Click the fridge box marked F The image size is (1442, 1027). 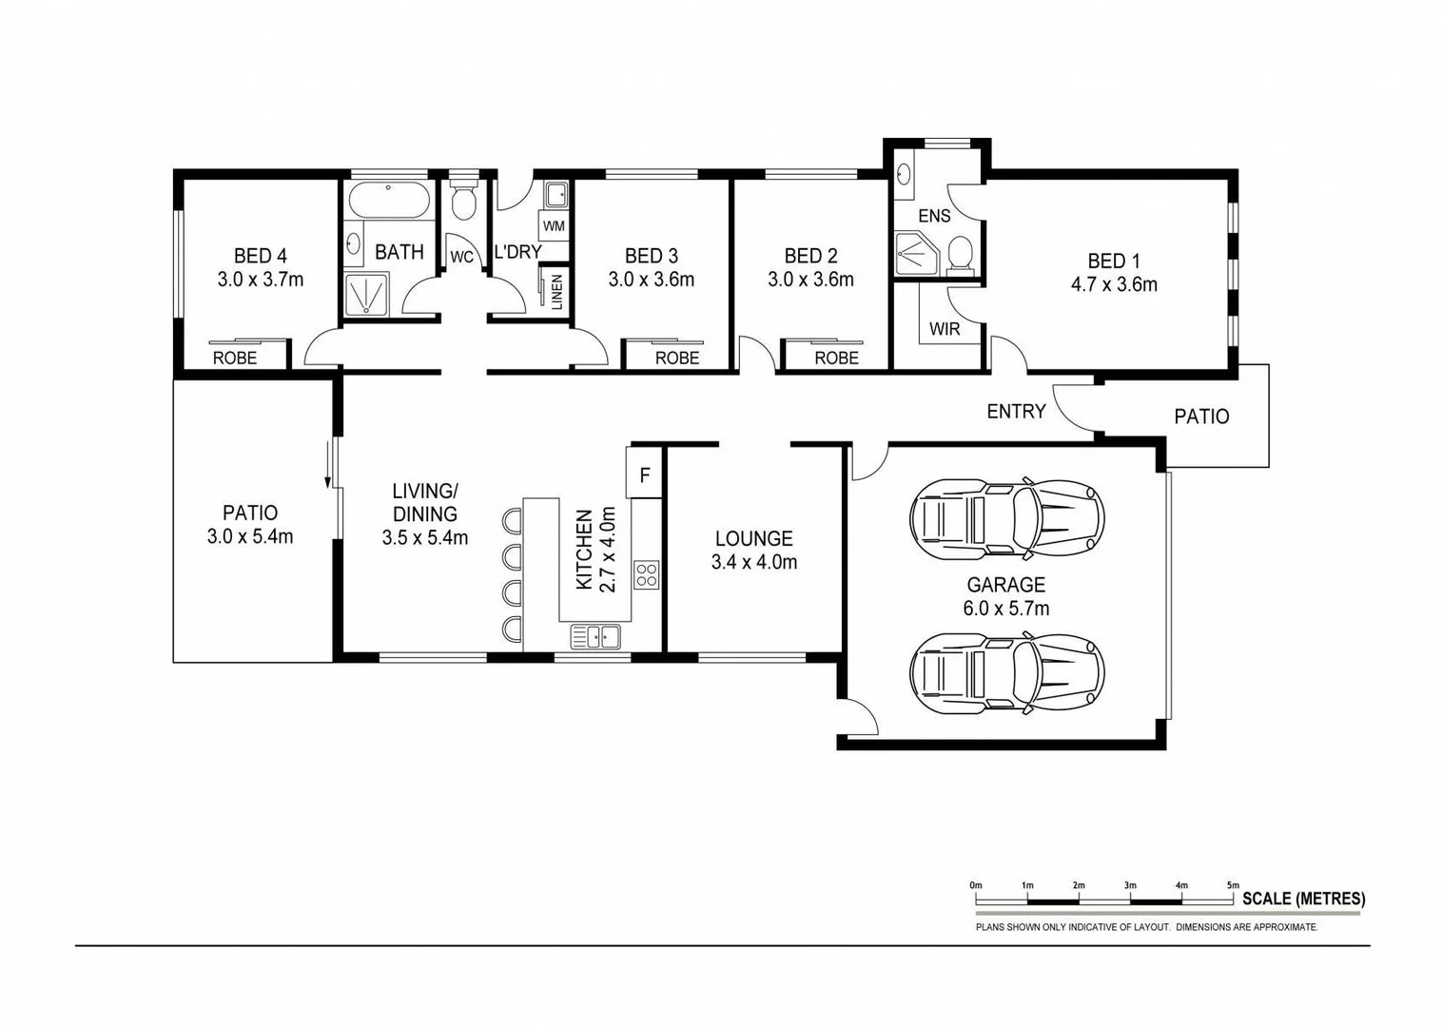644,474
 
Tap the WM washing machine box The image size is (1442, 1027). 554,226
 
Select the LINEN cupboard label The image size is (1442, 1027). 556,290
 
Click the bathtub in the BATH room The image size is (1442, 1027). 389,201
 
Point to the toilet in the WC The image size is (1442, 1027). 463,202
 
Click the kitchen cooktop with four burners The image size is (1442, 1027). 647,574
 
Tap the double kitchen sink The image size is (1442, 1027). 595,636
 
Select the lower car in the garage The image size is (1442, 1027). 1006,673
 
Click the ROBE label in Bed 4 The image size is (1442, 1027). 234,358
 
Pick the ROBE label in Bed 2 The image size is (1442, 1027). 836,358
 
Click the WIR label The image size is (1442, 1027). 945,329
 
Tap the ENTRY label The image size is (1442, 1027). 1016,412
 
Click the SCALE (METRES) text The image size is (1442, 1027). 1303,899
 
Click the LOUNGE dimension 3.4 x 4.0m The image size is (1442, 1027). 753,562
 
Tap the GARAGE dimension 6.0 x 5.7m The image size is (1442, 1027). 1005,609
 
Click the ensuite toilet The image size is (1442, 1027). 959,254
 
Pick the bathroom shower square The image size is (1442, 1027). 366,293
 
